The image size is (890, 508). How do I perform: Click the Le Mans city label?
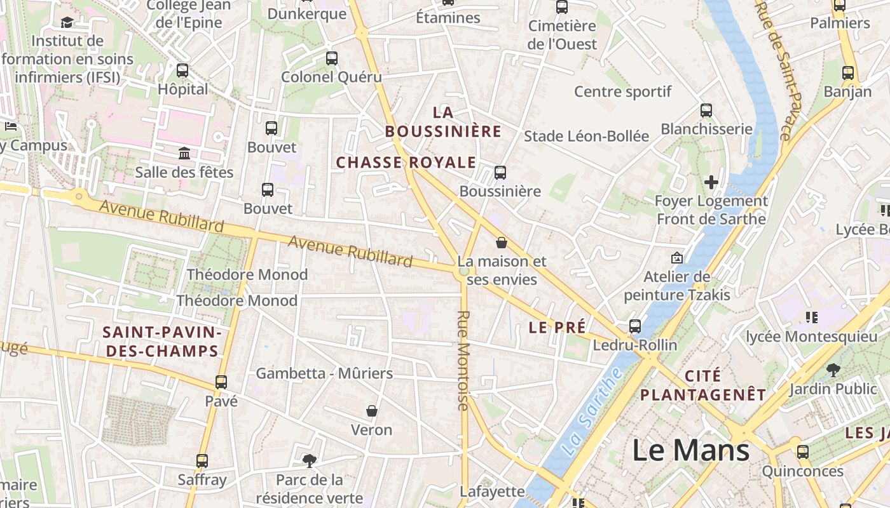click(x=691, y=450)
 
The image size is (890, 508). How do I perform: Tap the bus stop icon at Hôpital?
click(x=182, y=70)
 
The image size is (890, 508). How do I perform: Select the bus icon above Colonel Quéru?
click(x=331, y=58)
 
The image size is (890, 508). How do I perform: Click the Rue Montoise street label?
click(x=463, y=360)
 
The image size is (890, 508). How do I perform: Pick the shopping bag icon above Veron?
click(x=372, y=411)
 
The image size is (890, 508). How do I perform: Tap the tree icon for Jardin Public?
click(x=833, y=370)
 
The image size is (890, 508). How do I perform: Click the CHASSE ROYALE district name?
click(x=406, y=163)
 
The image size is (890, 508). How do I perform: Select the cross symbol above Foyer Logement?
click(x=711, y=183)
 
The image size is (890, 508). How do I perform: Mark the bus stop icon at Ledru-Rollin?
click(x=634, y=326)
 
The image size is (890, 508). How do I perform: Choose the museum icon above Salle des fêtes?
click(x=184, y=154)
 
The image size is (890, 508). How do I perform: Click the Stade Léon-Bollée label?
click(x=586, y=136)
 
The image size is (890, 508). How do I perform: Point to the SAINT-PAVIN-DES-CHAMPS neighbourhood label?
click(x=162, y=342)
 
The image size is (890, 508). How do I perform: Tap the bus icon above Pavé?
click(x=221, y=382)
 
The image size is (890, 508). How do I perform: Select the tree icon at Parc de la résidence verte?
click(x=310, y=460)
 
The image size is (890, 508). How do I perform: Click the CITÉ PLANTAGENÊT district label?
click(x=703, y=385)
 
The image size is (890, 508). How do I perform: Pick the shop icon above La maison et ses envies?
click(x=502, y=243)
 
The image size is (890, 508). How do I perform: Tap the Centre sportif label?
click(x=622, y=91)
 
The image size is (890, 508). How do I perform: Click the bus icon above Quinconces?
click(x=803, y=452)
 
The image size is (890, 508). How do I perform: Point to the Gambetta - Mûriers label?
click(x=324, y=373)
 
